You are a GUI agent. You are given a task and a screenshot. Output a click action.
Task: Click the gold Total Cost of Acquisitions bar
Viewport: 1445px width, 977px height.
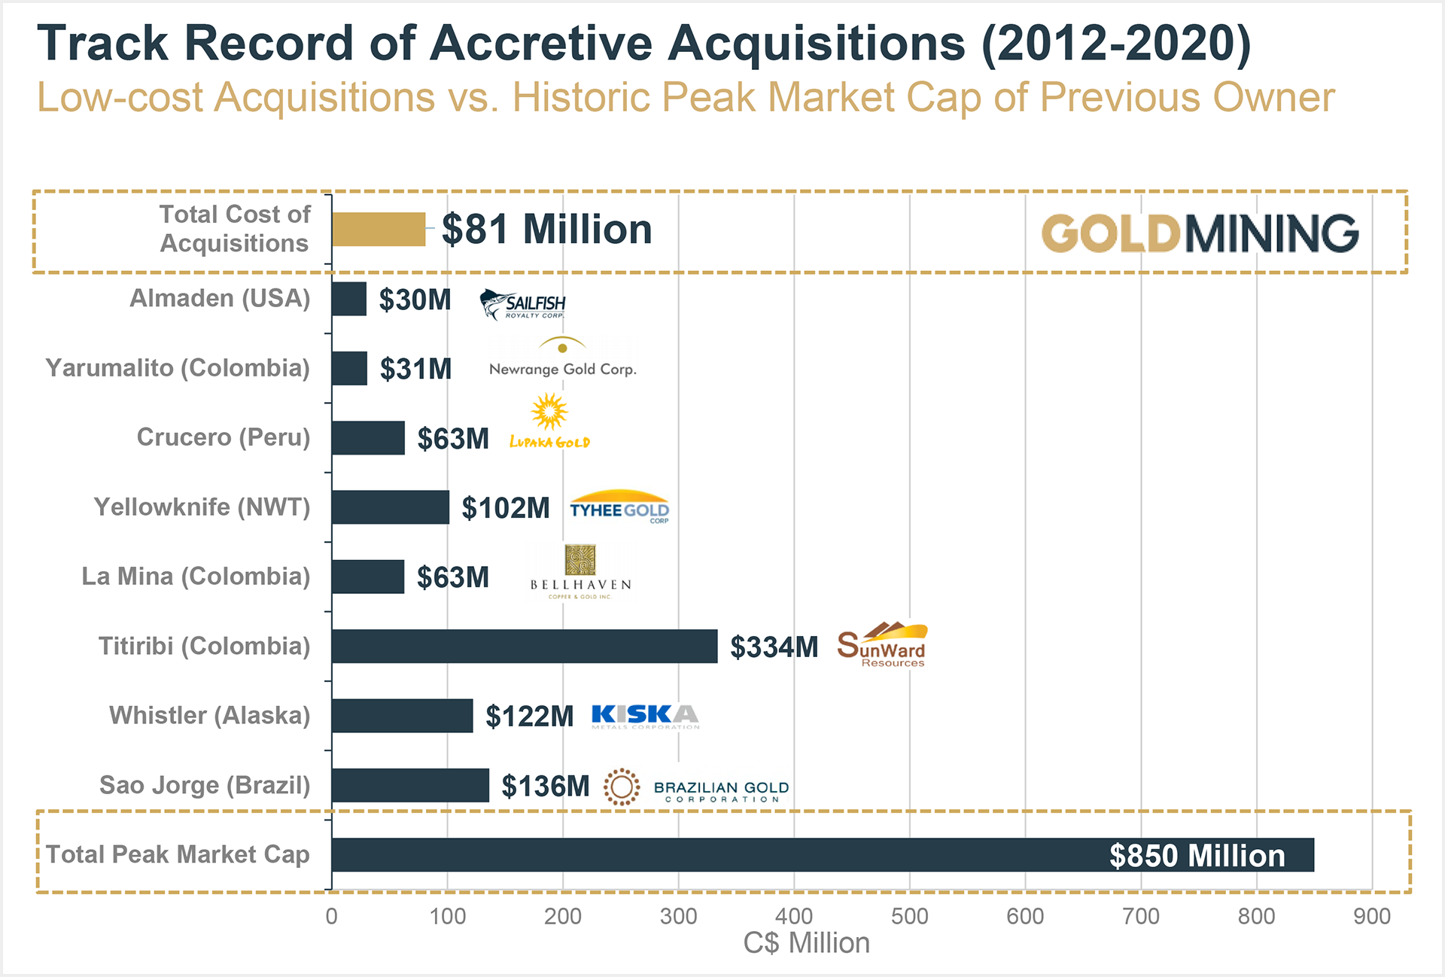(x=379, y=230)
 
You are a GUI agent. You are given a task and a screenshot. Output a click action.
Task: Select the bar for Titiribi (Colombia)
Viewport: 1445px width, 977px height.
(x=525, y=647)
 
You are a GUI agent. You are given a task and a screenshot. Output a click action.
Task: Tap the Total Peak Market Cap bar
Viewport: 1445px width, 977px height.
(x=823, y=855)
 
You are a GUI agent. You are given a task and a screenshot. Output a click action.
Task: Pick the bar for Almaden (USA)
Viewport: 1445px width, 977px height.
(x=349, y=300)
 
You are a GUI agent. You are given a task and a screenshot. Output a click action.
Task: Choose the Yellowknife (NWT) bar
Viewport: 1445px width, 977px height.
(x=391, y=507)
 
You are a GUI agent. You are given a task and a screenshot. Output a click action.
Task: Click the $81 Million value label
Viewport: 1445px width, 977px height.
(x=546, y=230)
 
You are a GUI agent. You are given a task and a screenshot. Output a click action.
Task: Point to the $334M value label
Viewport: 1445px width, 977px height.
(x=774, y=647)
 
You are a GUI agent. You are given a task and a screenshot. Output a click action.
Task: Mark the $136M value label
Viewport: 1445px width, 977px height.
(x=546, y=787)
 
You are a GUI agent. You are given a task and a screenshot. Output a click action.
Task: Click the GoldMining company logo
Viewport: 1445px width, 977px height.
(x=1200, y=233)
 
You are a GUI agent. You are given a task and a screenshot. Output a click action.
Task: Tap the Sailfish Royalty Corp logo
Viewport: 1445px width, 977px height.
(x=523, y=304)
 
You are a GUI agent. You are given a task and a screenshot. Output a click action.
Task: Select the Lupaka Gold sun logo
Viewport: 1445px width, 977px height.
(x=549, y=422)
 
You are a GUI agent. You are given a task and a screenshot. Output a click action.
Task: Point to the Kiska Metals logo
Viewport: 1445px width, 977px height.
(x=645, y=716)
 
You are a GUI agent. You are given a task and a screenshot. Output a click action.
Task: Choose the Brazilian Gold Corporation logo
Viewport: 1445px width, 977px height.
(x=697, y=788)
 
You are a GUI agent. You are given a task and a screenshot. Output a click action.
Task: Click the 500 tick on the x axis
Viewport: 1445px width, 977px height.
(x=909, y=916)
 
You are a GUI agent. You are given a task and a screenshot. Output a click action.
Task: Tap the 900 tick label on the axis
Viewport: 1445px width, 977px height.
(x=1371, y=916)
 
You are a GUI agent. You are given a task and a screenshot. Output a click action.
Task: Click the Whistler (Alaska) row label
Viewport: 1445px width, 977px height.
(x=209, y=716)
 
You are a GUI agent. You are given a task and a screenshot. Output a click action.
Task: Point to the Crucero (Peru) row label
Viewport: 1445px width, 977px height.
(x=223, y=437)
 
